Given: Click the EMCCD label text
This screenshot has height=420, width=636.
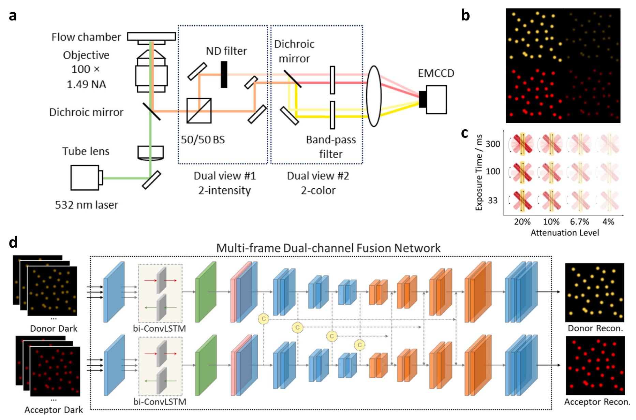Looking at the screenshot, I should coord(436,73).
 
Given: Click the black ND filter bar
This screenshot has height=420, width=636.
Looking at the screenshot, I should coord(224,74).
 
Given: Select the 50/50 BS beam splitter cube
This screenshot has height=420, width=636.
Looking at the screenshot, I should coord(199,111).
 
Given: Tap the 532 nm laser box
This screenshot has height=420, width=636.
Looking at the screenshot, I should coord(85,177).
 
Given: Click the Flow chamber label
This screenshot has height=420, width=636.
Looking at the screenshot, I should coord(86,37).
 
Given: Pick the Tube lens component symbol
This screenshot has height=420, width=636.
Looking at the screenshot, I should coord(150,153).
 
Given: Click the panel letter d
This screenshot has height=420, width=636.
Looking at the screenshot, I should coord(13,242).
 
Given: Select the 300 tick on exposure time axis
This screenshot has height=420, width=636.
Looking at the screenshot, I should coord(493,144).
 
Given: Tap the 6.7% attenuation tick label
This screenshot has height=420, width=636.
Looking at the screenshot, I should coord(579,222).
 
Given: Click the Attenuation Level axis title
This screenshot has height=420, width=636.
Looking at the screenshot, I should coord(564,233).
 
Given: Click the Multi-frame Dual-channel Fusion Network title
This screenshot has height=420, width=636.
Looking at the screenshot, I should coord(328,248).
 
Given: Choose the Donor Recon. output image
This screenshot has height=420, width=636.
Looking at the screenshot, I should coord(594,292).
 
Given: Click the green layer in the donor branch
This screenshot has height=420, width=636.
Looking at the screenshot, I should coord(206,292).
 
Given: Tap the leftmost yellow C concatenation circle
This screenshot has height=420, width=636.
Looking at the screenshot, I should coord(263,319).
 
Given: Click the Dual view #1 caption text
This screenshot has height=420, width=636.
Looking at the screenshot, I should coord(224,176).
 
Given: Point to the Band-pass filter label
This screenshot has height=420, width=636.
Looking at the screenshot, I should coord(330,147).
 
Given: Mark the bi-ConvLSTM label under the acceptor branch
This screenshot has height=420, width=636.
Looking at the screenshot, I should coord(160,402).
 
